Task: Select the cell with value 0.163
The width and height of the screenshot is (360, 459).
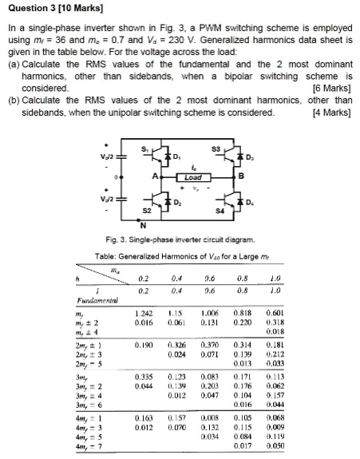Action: point(144,419)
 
